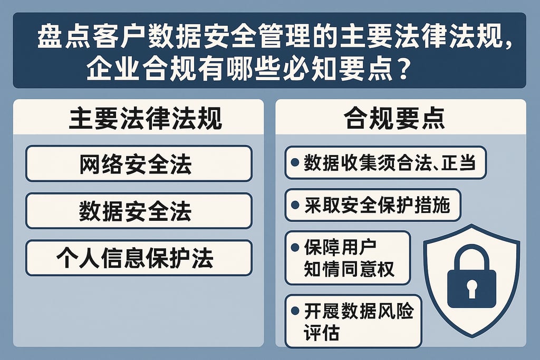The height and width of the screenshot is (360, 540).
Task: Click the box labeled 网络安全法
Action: tap(138, 164)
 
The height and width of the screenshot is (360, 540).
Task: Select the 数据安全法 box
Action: tap(138, 211)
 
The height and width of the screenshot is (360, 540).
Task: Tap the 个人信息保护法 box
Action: tap(138, 258)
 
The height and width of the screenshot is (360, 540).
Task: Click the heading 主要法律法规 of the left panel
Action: tap(138, 119)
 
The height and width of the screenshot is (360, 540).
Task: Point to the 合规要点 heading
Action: tap(394, 119)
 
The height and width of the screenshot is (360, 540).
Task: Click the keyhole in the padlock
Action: tap(471, 288)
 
